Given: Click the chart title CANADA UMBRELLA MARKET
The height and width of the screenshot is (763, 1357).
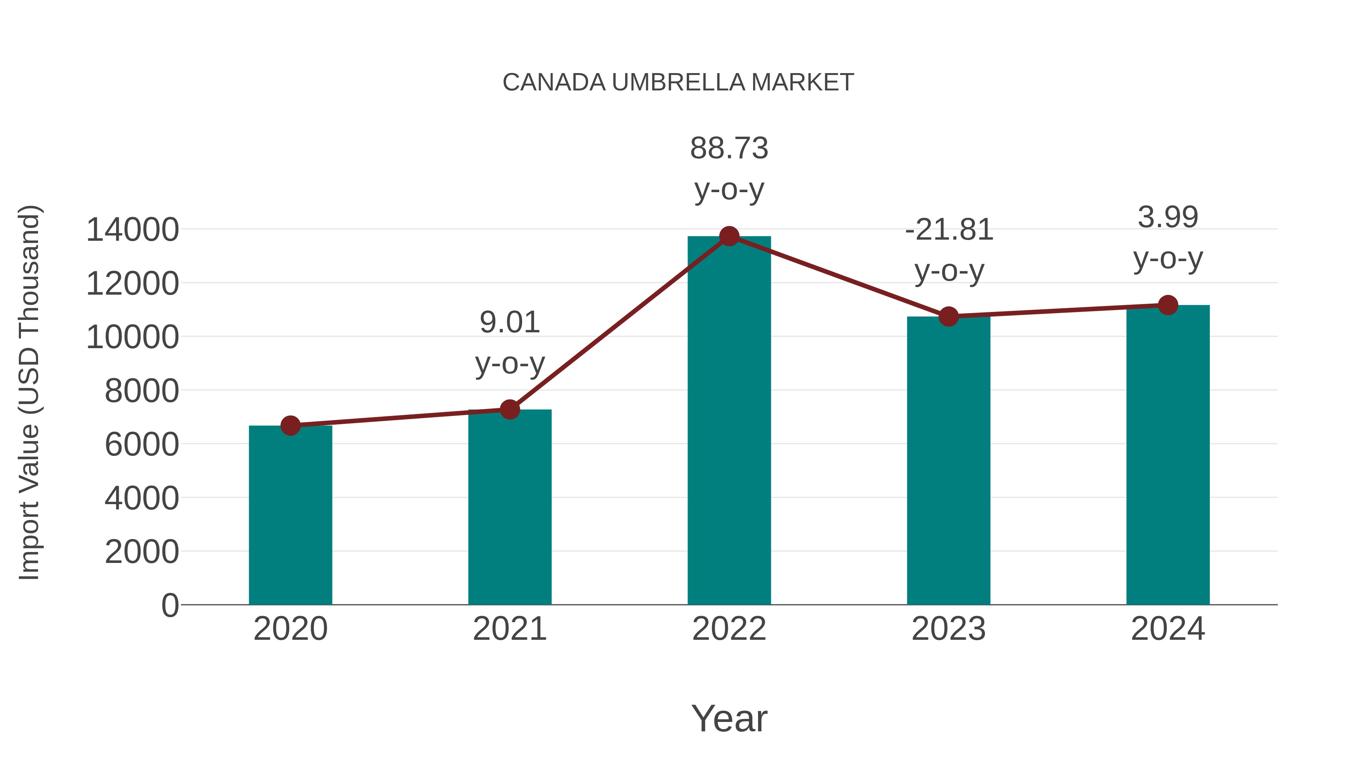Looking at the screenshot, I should [678, 83].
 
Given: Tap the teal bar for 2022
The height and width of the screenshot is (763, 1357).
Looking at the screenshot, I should [729, 421].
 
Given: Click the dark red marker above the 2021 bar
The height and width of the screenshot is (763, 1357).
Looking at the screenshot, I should [509, 409].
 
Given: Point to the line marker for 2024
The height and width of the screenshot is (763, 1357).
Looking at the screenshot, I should [1168, 305].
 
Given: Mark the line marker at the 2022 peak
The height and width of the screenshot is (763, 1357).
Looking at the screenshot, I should [729, 236].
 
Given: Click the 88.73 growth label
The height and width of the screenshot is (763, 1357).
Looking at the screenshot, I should [729, 148].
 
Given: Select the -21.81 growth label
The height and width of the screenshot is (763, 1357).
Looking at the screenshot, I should [949, 230].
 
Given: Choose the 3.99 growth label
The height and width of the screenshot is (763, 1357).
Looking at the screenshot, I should [1168, 217].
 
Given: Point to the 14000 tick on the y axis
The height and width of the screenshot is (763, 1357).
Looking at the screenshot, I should [132, 230].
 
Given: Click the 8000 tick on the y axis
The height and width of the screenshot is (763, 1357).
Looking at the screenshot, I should [142, 391].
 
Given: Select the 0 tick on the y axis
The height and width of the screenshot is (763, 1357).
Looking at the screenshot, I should [170, 606].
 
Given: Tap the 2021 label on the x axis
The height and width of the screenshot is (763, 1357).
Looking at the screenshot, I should [509, 629].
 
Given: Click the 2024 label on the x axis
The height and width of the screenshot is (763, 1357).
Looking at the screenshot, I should [1168, 629].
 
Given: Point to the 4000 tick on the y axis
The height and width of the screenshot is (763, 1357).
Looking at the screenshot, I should [142, 498].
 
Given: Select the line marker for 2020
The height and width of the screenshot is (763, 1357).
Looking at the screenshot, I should [290, 425].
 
